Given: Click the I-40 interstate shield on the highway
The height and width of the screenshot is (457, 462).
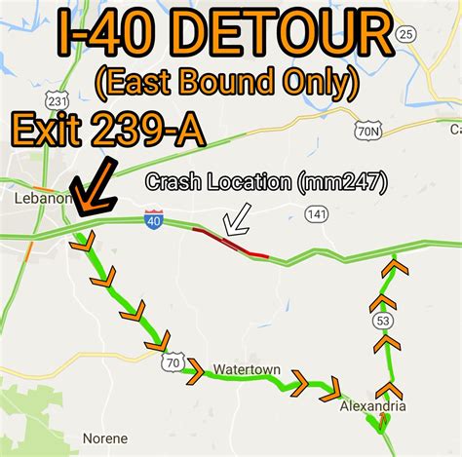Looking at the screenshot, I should click(153, 220).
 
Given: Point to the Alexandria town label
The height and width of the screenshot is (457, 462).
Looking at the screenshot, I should click(371, 405).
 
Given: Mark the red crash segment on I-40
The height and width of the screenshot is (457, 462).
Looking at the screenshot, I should click(230, 242).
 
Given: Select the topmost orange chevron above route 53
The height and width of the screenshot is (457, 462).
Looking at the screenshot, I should click(394, 265).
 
